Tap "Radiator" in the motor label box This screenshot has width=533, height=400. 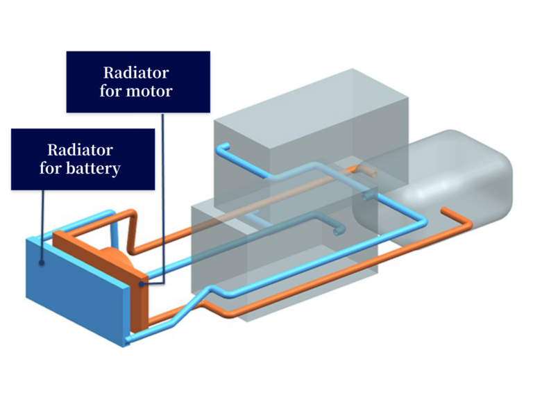[136, 72]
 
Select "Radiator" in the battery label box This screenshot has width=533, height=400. [80, 149]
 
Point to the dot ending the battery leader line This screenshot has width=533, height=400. [42, 263]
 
